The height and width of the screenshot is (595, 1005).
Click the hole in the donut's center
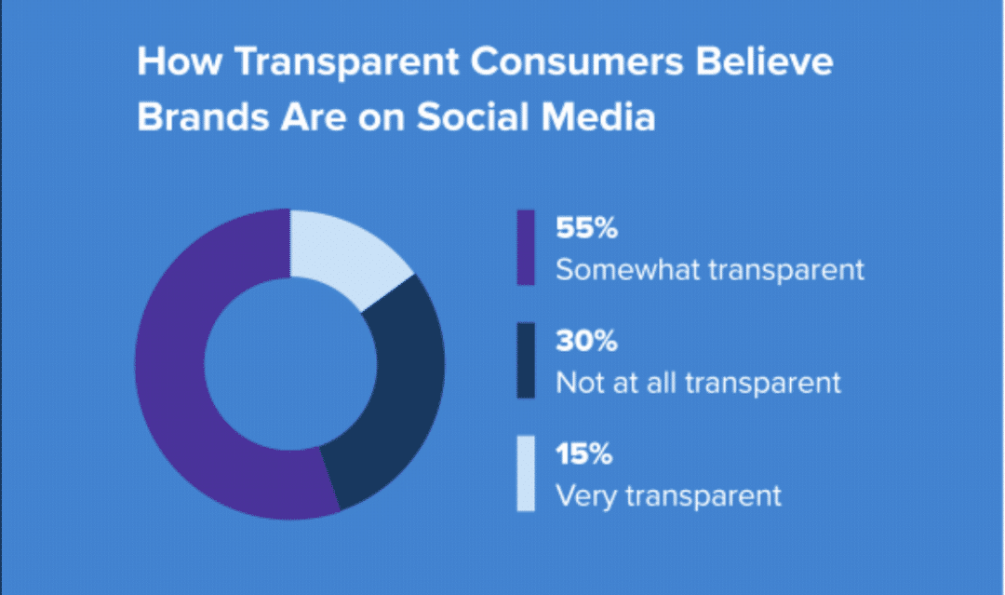pos(289,363)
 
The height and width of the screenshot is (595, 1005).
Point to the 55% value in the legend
pos(586,229)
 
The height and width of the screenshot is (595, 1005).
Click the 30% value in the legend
pos(586,342)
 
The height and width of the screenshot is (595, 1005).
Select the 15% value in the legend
pos(583,454)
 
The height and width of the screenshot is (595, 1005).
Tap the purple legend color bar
pos(526,248)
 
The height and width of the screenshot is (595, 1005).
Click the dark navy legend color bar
pos(526,360)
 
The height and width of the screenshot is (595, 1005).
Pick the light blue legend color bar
pos(526,473)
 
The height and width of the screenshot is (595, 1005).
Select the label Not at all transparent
pos(698,383)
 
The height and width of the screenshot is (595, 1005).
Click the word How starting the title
pos(175,63)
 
